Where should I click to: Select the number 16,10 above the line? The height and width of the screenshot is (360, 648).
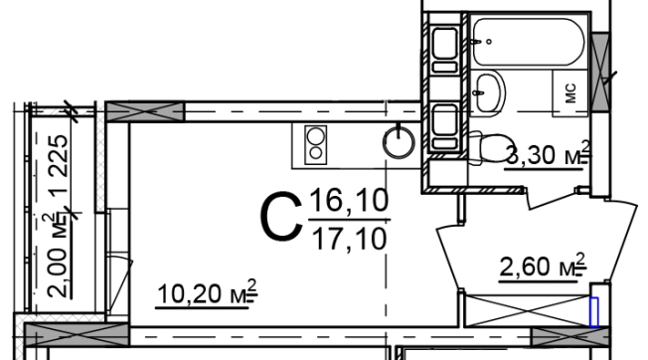point(349,200)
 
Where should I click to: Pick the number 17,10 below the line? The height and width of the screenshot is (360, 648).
point(350,238)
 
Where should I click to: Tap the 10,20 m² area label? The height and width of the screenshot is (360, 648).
point(207,293)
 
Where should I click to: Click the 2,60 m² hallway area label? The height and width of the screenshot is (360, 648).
point(543,267)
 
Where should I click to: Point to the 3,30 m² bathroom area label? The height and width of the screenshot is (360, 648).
point(549,154)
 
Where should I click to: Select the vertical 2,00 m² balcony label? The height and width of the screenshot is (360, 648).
point(58,255)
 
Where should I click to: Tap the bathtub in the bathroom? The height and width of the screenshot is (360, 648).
point(528,42)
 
